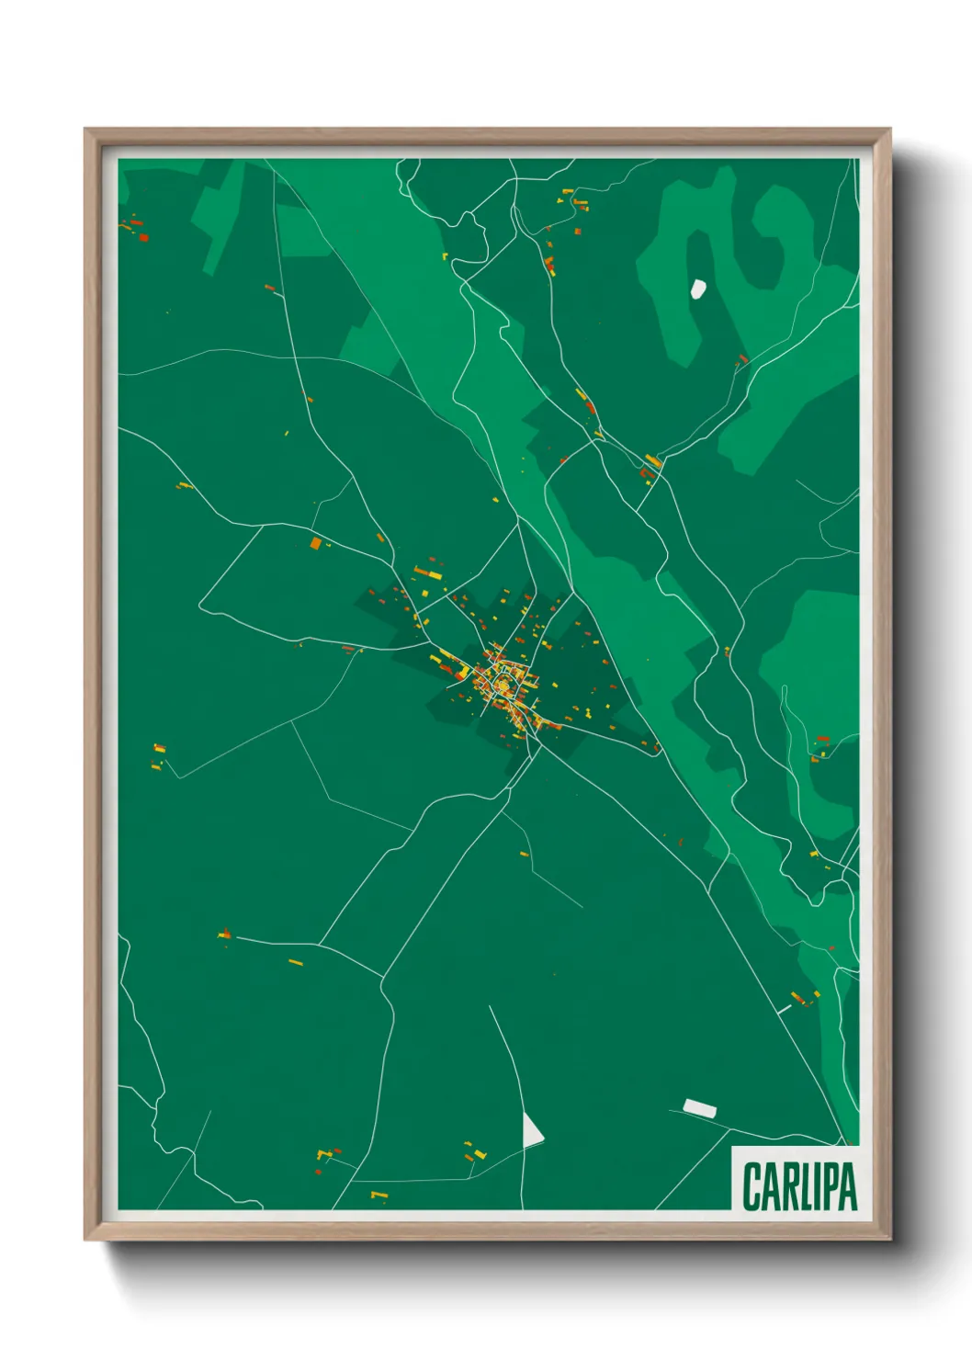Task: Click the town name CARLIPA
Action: tap(798, 1186)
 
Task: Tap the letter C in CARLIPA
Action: tap(751, 1187)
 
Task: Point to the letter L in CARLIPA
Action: tap(804, 1187)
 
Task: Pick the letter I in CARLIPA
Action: tap(816, 1187)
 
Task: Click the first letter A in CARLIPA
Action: tap(769, 1187)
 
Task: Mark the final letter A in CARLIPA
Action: tap(848, 1187)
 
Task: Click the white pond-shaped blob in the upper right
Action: tap(698, 289)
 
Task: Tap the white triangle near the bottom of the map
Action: tap(531, 1131)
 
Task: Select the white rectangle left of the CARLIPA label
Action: tap(699, 1108)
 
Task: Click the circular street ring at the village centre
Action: tap(503, 685)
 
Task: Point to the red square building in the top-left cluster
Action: tap(143, 237)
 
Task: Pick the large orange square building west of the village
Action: tap(315, 544)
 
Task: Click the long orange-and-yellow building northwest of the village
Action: tap(427, 573)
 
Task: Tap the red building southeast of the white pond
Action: tap(743, 358)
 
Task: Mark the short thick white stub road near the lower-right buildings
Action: tap(784, 1009)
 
